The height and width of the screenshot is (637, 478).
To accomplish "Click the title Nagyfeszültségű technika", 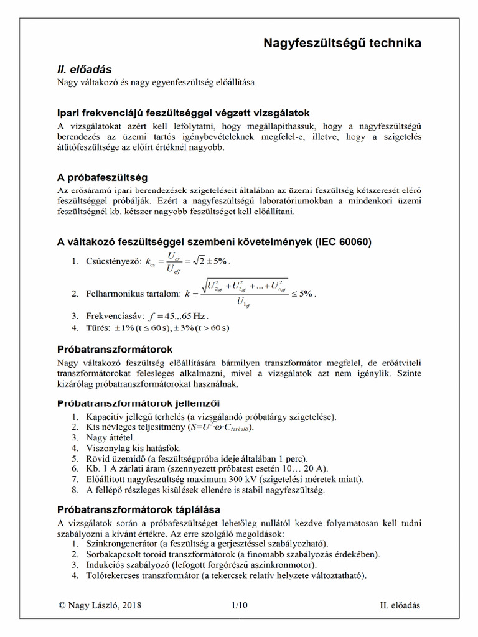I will click(x=342, y=43).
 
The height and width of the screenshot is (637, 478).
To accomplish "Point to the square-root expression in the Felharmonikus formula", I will click(x=244, y=287).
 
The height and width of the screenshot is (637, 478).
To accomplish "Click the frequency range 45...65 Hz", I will click(x=186, y=316).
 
